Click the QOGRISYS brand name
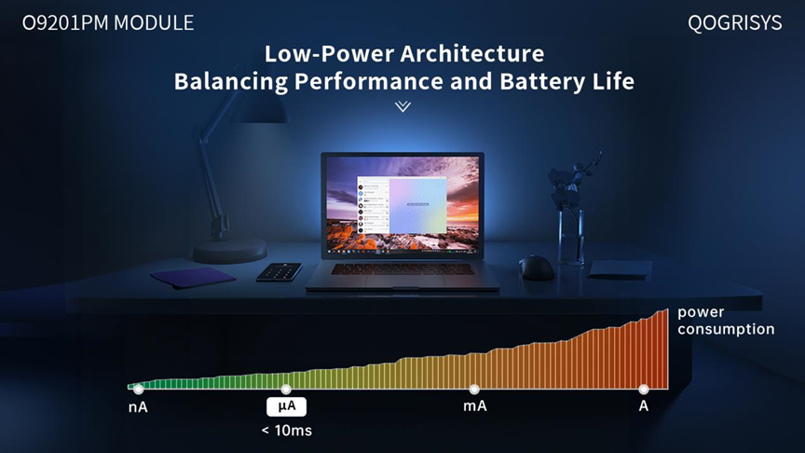(x=735, y=23)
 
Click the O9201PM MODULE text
(x=108, y=23)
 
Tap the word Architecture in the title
(x=472, y=53)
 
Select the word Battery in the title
(x=541, y=81)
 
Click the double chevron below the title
(x=403, y=106)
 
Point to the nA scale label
(x=138, y=407)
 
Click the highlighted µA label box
(x=286, y=406)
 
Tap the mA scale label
(x=475, y=406)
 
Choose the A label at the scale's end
(x=643, y=406)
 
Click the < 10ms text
(x=286, y=431)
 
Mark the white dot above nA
(x=138, y=389)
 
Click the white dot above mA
(x=474, y=389)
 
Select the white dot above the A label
(x=643, y=389)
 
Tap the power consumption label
(x=726, y=321)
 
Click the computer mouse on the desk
(x=536, y=268)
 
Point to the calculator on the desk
(x=280, y=271)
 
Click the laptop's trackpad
(x=405, y=281)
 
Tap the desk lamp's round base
(x=229, y=251)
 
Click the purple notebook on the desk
(x=193, y=278)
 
